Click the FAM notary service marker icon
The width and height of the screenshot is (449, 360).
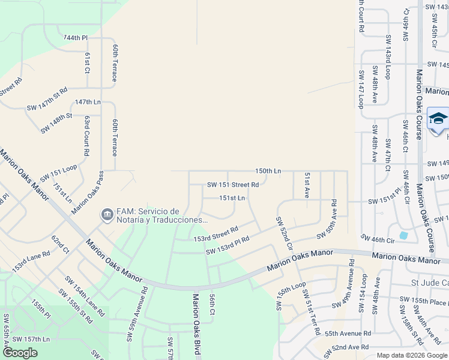107,214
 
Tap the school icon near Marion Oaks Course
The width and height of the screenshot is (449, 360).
438,118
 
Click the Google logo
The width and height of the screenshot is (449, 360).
20,353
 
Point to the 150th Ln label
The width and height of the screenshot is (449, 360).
268,171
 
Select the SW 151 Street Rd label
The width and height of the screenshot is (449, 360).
233,185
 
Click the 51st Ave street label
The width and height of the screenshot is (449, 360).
307,185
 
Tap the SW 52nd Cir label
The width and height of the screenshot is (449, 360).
284,233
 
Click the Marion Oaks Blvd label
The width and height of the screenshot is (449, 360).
196,324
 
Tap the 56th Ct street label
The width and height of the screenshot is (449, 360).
212,304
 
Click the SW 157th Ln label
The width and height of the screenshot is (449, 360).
30,339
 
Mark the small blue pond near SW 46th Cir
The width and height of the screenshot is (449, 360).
403,235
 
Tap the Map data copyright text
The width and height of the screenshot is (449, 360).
412,355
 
